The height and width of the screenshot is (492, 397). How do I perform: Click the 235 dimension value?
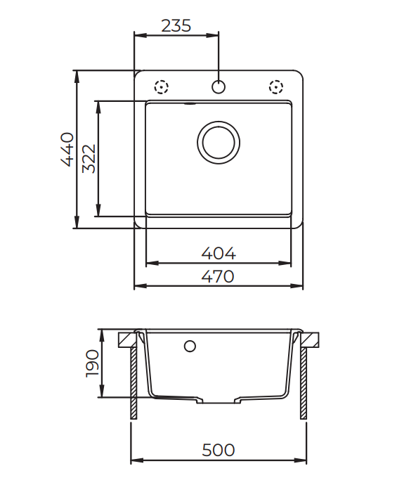pyautogui.click(x=176, y=26)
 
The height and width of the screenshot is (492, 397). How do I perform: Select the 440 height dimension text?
pyautogui.click(x=67, y=148)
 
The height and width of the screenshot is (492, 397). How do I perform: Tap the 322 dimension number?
pyautogui.click(x=89, y=158)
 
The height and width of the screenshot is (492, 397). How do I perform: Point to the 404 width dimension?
pyautogui.click(x=219, y=252)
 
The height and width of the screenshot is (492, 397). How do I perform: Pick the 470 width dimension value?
pyautogui.click(x=219, y=276)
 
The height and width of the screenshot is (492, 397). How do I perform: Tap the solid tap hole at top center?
pyautogui.click(x=219, y=88)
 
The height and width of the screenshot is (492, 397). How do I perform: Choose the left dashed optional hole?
pyautogui.click(x=162, y=88)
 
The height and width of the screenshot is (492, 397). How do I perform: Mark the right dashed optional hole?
pyautogui.click(x=275, y=88)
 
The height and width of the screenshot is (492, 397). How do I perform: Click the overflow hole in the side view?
pyautogui.click(x=189, y=346)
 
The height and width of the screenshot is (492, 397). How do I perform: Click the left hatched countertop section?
pyautogui.click(x=126, y=339)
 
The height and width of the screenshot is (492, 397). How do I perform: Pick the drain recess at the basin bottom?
pyautogui.click(x=219, y=401)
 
